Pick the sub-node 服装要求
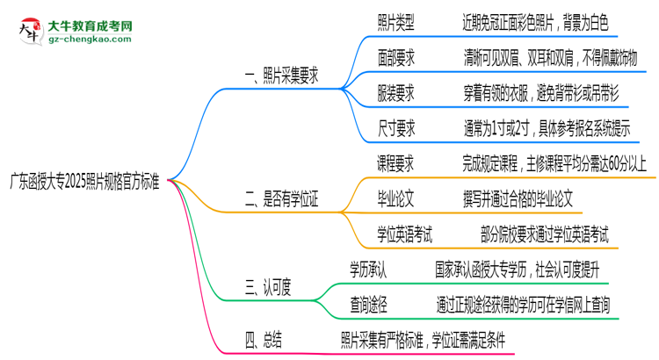[395, 92]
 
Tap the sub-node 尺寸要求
[395, 126]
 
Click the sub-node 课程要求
[395, 163]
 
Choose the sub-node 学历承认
[371, 267]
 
